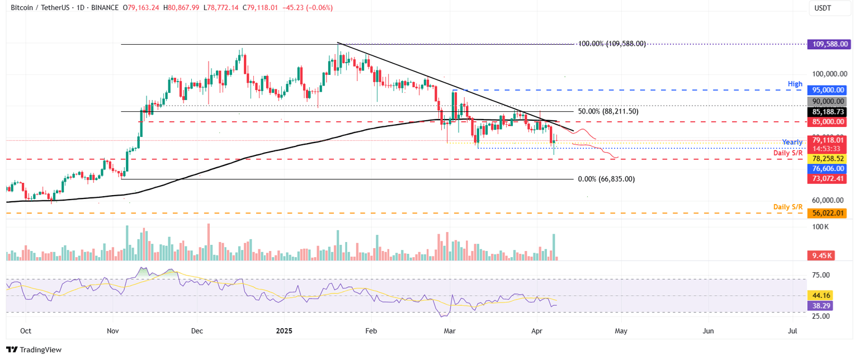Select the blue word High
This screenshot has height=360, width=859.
pyautogui.click(x=795, y=83)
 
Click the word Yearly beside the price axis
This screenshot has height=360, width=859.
pyautogui.click(x=792, y=142)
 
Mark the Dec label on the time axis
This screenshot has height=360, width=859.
pyautogui.click(x=197, y=331)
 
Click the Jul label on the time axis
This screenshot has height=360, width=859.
pyautogui.click(x=792, y=331)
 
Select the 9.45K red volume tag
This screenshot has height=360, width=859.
pyautogui.click(x=823, y=255)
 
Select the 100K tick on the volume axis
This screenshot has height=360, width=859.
pyautogui.click(x=821, y=227)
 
